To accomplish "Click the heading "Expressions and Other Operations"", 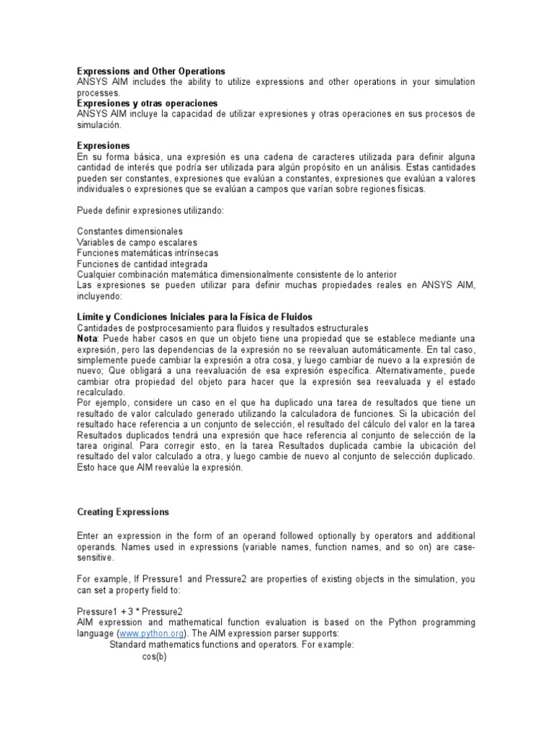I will coord(151,71).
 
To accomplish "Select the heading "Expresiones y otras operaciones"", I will coord(146,104).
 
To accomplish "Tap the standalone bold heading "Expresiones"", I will coord(104,146).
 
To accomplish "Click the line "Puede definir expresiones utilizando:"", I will coord(150,210).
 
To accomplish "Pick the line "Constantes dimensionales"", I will coord(130,232).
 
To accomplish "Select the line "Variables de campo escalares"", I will coord(137,243).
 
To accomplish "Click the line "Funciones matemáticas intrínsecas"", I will coord(148,253).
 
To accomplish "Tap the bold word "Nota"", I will coord(86,339).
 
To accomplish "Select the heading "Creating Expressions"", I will coord(123,512).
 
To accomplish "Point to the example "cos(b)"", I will coord(154,656).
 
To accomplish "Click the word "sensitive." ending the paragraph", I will coord(95,557).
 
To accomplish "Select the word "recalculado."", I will coord(102,392).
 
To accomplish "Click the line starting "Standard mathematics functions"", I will coord(231,645).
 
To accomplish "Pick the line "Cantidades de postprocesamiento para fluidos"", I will coord(222,328).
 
